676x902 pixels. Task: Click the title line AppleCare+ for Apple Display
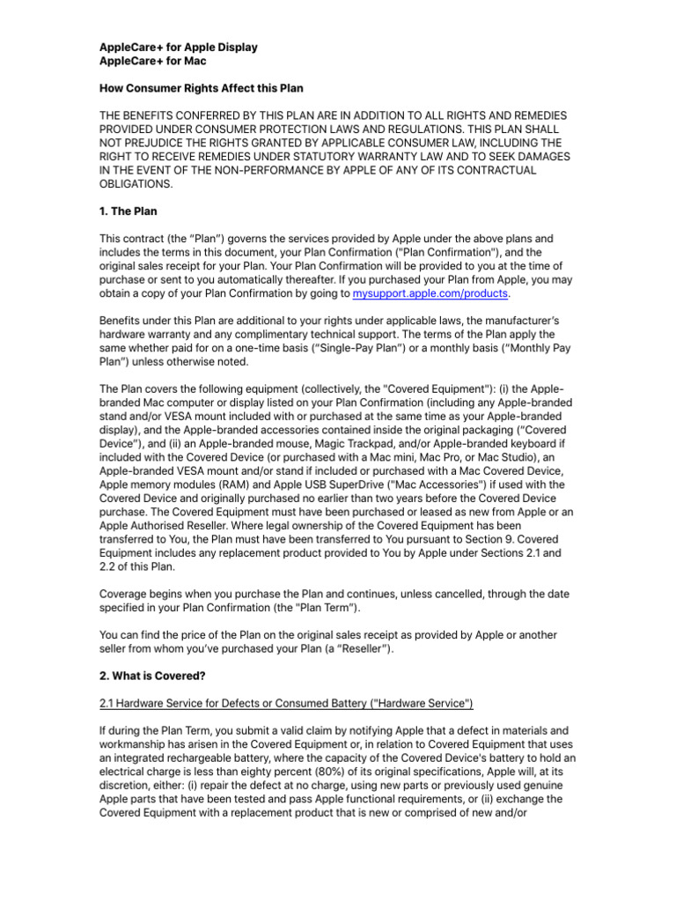click(178, 47)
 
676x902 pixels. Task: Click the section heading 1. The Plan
click(129, 212)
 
